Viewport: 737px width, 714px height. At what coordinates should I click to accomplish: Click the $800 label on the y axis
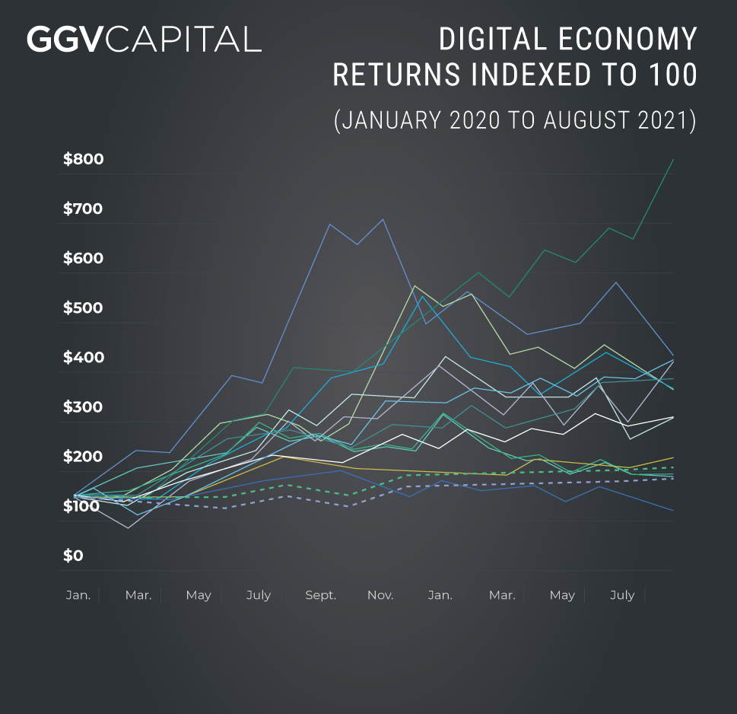84,160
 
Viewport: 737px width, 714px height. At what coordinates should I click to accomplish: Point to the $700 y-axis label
84,209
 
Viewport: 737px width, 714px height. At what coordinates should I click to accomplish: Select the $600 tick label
84,259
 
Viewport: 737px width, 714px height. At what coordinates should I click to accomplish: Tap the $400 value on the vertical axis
84,358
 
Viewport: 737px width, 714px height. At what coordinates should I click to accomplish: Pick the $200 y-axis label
84,457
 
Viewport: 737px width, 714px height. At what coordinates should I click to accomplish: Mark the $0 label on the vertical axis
74,556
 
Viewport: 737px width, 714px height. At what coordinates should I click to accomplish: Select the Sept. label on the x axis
321,595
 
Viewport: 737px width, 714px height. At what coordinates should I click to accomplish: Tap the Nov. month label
380,595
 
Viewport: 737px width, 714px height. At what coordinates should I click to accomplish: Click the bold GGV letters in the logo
65,39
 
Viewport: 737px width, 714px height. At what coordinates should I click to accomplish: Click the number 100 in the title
670,75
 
